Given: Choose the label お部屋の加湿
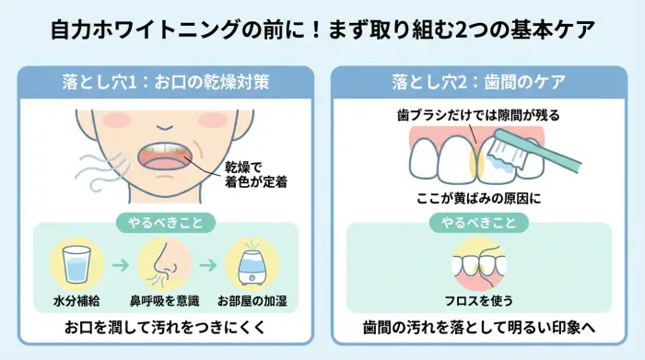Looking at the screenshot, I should click(x=252, y=301).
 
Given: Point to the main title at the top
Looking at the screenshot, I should click(x=322, y=29).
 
